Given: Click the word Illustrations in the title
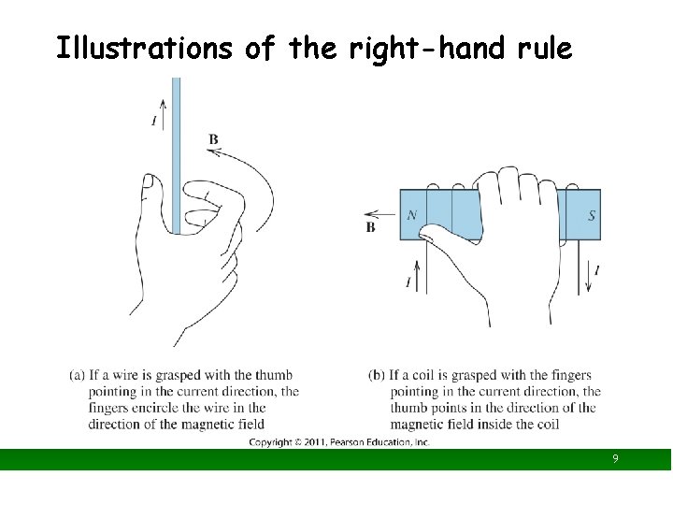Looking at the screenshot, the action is point(144,48).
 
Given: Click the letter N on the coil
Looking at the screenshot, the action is point(412,214).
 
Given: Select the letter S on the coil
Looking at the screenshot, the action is point(592,215).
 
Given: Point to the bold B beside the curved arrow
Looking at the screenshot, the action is point(213,139).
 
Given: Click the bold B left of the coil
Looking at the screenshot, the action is point(370,227).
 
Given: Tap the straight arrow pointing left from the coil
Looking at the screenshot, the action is point(379,214).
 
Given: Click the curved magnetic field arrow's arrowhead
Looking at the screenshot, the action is point(213,151).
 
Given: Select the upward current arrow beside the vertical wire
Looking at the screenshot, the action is point(163,114).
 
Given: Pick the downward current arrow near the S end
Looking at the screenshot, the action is point(589,274).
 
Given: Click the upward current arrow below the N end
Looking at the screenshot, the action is point(416,275).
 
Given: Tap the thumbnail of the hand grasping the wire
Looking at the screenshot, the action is point(149,181).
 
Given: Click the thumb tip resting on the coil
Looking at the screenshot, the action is point(425,232).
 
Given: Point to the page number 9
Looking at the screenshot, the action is point(615,458).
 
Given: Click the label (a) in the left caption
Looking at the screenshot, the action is point(77,375).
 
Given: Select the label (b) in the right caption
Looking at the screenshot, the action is point(377,375).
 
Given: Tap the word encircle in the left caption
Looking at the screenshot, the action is point(155,408).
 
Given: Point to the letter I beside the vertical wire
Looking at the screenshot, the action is point(154,121).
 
